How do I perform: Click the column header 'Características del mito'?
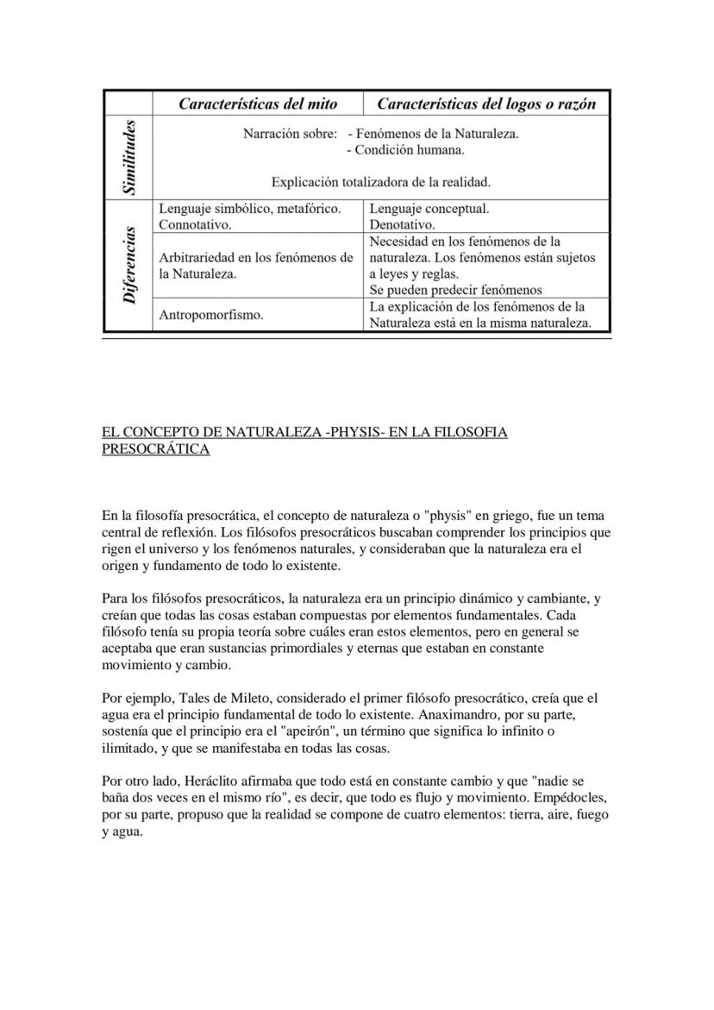257,104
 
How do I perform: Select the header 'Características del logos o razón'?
486,104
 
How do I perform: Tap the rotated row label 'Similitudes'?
128,156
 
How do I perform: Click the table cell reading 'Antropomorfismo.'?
211,316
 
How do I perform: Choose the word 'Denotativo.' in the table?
403,225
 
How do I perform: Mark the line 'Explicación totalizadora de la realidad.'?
380,182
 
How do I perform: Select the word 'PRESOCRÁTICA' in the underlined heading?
155,449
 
